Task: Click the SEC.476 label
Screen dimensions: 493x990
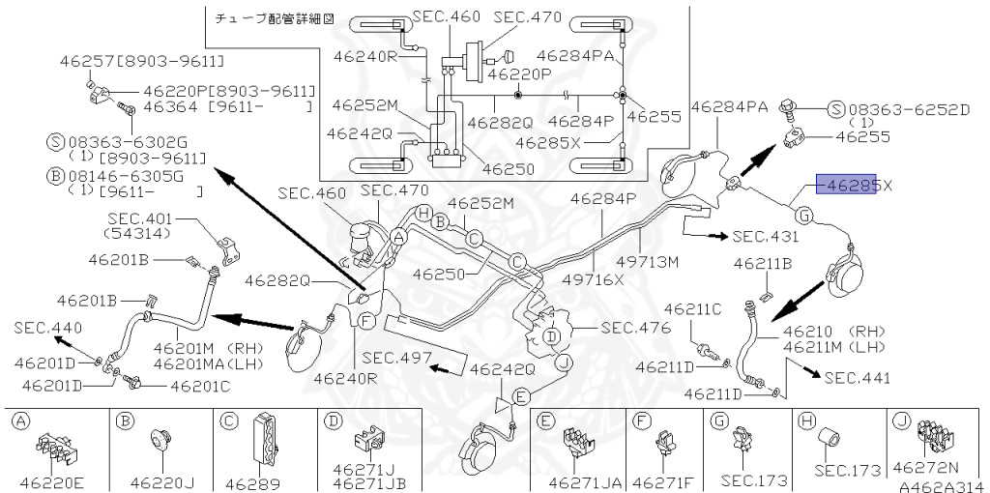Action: (635, 328)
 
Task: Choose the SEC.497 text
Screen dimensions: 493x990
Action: (397, 357)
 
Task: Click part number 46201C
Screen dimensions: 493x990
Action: (200, 387)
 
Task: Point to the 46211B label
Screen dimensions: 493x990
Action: (762, 263)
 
